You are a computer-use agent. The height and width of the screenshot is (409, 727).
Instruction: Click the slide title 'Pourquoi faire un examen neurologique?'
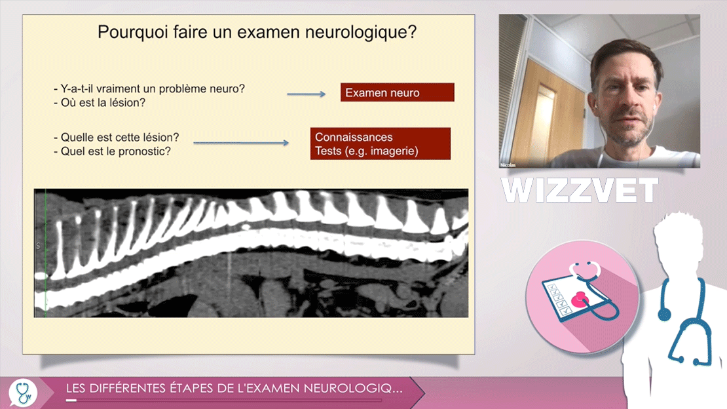pyautogui.click(x=257, y=32)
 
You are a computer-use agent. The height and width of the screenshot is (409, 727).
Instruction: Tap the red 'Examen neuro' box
pyautogui.click(x=398, y=92)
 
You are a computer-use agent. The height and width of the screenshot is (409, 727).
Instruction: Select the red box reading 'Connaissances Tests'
pyautogui.click(x=380, y=144)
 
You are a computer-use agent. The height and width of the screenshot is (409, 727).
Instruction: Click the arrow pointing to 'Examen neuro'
pyautogui.click(x=306, y=94)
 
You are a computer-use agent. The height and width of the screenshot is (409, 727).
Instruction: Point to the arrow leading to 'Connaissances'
pyautogui.click(x=241, y=143)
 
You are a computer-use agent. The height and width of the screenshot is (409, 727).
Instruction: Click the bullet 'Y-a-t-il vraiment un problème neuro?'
pyautogui.click(x=149, y=88)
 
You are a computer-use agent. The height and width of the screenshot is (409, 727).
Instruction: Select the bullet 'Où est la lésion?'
pyautogui.click(x=100, y=103)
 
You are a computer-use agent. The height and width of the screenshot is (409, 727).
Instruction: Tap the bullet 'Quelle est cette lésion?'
pyautogui.click(x=117, y=138)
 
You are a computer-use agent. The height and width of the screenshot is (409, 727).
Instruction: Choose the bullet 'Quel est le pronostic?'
pyautogui.click(x=112, y=151)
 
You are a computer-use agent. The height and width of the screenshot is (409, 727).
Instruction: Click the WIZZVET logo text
pyautogui.click(x=580, y=190)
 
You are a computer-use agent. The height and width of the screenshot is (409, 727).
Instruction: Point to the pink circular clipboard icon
pyautogui.click(x=582, y=296)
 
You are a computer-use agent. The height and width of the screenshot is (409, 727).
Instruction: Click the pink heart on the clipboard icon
pyautogui.click(x=579, y=300)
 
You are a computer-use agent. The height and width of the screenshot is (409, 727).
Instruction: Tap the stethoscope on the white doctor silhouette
pyautogui.click(x=685, y=321)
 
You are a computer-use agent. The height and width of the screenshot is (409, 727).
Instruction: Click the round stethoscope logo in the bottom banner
pyautogui.click(x=23, y=393)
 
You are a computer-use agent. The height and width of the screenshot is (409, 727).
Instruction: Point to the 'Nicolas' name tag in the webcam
pyautogui.click(x=508, y=165)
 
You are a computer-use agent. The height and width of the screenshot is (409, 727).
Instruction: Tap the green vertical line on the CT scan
pyautogui.click(x=45, y=253)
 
